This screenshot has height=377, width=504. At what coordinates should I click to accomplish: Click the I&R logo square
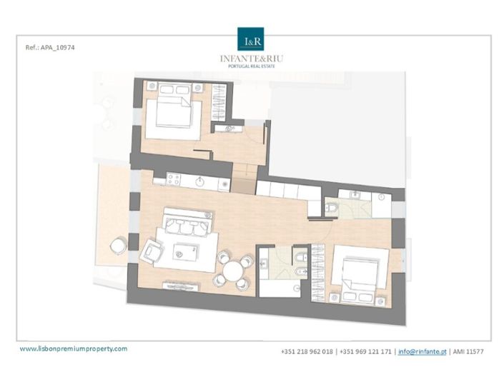[252, 40]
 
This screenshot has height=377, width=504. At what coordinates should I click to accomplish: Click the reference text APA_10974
[49, 47]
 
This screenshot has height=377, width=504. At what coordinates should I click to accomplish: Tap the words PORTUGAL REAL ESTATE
[252, 66]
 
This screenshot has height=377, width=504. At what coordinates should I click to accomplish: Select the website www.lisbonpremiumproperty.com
[74, 348]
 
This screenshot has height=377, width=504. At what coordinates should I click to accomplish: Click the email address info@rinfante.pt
[421, 352]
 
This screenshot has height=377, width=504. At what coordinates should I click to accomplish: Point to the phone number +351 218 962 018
[307, 352]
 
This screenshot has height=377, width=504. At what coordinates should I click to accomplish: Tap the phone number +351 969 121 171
[365, 352]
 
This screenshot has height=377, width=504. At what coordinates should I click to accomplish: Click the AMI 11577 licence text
[469, 352]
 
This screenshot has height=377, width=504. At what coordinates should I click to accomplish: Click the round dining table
[233, 272]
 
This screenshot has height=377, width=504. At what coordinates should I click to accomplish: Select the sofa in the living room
[187, 226]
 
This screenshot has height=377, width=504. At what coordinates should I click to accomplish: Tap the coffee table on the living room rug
[187, 250]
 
